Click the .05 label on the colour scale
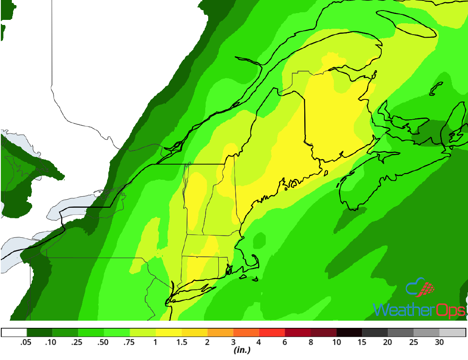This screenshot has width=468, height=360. click(26, 342)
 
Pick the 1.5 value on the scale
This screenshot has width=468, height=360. click(182, 342)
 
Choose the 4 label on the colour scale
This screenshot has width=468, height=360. click(259, 342)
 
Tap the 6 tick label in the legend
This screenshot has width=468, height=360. click(285, 342)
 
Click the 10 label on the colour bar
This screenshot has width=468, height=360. click(336, 342)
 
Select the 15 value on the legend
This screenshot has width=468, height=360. click(362, 342)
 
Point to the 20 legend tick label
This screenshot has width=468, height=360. click(388, 342)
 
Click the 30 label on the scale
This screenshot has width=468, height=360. click(439, 342)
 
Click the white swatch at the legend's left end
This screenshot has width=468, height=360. click(14, 333)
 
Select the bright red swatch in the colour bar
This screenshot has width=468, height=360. click(272, 333)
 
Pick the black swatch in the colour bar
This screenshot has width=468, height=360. click(349, 333)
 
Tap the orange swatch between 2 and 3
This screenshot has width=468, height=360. click(220, 333)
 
